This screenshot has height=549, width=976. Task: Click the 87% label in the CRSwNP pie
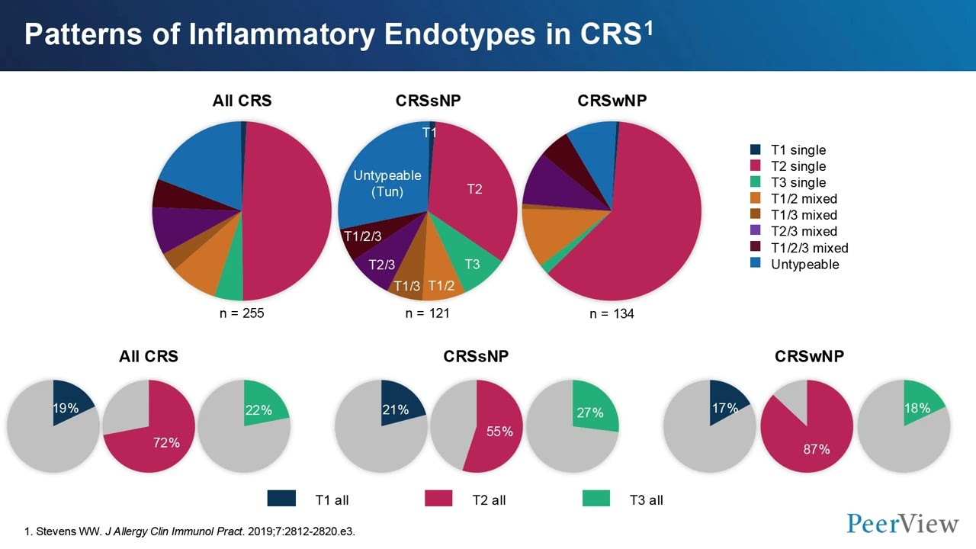pos(815,449)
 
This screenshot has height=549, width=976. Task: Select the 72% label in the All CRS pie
pos(166,442)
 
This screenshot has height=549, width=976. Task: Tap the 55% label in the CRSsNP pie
pos(499,432)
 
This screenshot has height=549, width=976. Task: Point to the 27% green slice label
pos(590,413)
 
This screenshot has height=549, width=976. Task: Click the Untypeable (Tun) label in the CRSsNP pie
pos(387,184)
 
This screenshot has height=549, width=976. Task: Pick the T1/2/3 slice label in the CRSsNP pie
pos(362,236)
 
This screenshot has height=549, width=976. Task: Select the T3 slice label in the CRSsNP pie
pos(472,264)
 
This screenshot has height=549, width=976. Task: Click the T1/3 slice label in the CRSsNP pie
pos(406,286)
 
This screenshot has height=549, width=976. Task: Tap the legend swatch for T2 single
pos(756,166)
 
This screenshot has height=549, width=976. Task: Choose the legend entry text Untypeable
pos(804,265)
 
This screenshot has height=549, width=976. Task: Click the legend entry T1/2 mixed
pos(804,199)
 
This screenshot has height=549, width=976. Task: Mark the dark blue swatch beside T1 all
pos(281,499)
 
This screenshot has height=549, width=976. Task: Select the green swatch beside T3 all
pos(596,499)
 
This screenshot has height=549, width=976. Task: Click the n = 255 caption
pos(242,313)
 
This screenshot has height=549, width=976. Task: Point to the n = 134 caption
pos(612,313)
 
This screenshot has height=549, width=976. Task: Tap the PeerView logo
pos(903,524)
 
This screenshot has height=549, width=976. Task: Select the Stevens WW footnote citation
pos(196,531)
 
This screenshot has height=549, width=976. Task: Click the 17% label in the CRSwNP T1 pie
pos(724,409)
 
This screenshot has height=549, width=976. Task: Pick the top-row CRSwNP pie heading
pos(612,101)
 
